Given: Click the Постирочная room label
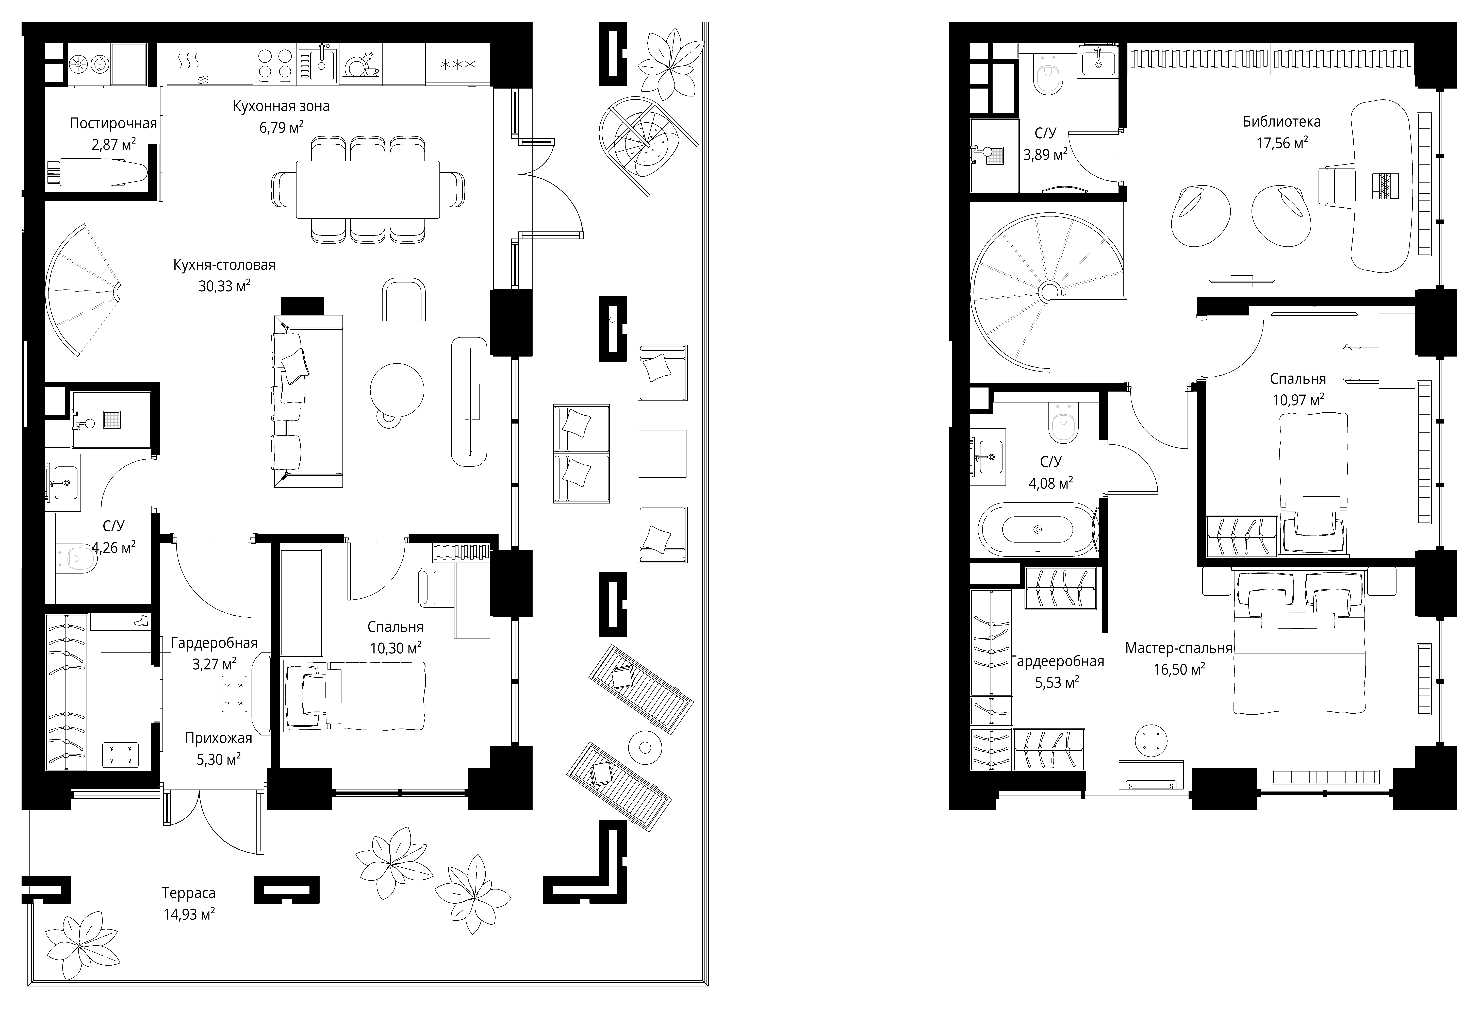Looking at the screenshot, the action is (113, 123).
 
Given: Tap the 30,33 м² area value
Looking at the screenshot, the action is (224, 286).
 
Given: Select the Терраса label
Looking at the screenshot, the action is (188, 893).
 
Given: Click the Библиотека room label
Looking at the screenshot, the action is (1282, 121).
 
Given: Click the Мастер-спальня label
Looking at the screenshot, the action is (1179, 649).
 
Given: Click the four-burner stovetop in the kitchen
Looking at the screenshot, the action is (275, 64).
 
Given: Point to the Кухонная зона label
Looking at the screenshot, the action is (281, 106).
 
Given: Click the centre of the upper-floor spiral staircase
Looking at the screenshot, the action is (1048, 293).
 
